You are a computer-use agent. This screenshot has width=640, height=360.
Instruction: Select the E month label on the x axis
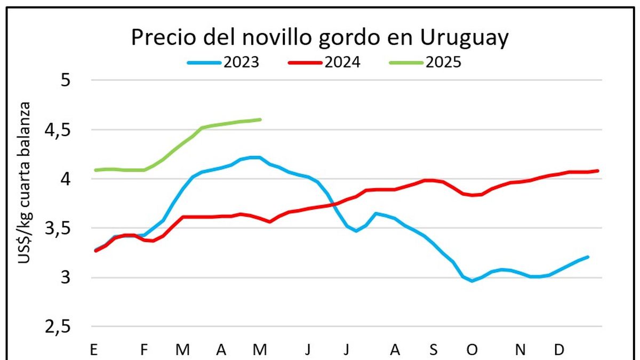[94, 350]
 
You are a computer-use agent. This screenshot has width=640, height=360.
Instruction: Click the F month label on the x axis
[143, 350]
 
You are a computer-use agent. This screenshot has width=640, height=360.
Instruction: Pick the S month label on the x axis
[434, 350]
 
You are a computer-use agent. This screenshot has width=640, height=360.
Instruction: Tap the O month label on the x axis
[472, 350]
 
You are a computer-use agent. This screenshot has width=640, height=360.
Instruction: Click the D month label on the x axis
[559, 350]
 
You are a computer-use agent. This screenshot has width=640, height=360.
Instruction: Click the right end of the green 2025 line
[260, 119]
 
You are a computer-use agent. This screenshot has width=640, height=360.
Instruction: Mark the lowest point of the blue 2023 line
[472, 281]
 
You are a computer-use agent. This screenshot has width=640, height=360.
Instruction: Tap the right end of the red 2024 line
[597, 171]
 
